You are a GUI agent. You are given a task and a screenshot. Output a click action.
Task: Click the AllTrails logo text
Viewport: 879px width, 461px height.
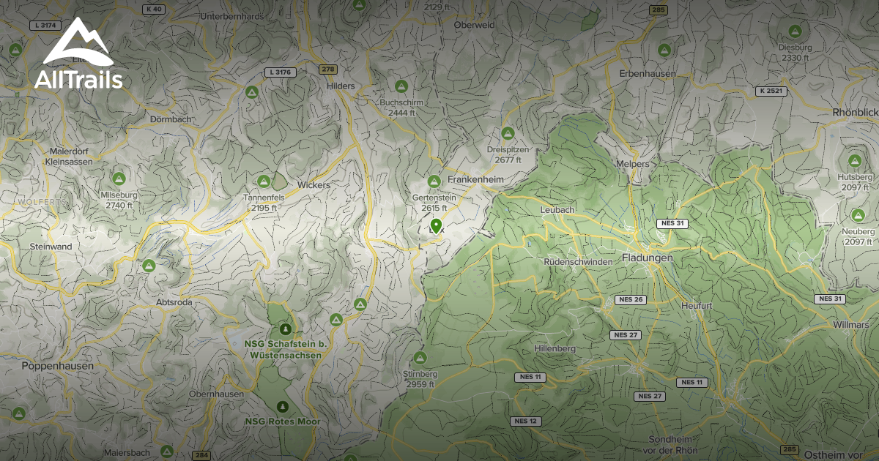(78, 79)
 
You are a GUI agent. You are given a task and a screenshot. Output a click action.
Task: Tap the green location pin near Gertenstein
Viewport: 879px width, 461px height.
(436, 226)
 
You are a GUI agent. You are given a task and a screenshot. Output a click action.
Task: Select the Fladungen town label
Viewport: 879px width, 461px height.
(647, 258)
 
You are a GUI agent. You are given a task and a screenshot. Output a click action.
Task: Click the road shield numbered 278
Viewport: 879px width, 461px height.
(327, 69)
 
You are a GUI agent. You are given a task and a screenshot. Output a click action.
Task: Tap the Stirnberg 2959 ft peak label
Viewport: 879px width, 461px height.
(420, 379)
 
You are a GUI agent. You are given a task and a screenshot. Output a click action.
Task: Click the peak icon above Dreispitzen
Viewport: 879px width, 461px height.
(507, 133)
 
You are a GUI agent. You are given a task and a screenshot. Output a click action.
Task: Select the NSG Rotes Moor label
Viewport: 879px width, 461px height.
(283, 421)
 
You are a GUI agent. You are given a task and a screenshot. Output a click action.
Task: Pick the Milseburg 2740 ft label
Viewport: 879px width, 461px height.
(119, 200)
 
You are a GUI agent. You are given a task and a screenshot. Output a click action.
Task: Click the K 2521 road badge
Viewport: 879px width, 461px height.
(771, 91)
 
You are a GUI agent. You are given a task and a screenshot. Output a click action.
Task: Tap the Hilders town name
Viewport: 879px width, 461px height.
(340, 86)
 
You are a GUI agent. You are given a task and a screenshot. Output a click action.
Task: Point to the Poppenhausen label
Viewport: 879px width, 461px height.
(57, 365)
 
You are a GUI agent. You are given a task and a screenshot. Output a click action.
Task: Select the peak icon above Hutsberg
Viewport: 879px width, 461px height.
(854, 160)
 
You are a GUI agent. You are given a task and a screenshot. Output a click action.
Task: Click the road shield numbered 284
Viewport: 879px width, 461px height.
(201, 454)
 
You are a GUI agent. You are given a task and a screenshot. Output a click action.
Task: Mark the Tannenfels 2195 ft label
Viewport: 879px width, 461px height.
(264, 203)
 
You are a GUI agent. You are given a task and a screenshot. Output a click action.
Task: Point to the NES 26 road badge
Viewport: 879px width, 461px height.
(630, 299)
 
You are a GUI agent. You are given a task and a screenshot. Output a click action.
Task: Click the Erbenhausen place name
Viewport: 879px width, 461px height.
(646, 74)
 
